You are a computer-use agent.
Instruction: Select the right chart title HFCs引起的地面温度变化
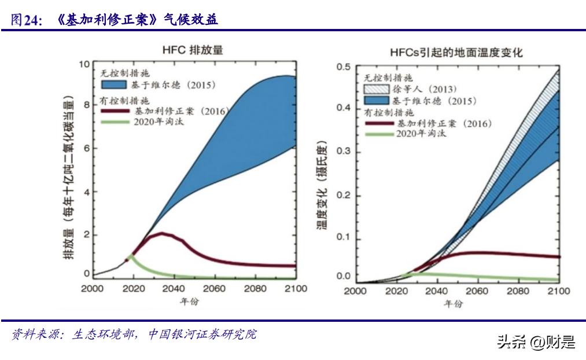(x=456, y=52)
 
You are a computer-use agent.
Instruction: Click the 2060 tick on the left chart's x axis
(x=215, y=289)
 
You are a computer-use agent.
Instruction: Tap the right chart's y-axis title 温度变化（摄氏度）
(x=322, y=184)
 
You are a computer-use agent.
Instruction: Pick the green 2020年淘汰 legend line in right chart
(x=378, y=134)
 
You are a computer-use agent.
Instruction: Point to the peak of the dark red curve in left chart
(x=163, y=234)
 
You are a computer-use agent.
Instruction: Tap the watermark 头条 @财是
(x=536, y=342)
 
